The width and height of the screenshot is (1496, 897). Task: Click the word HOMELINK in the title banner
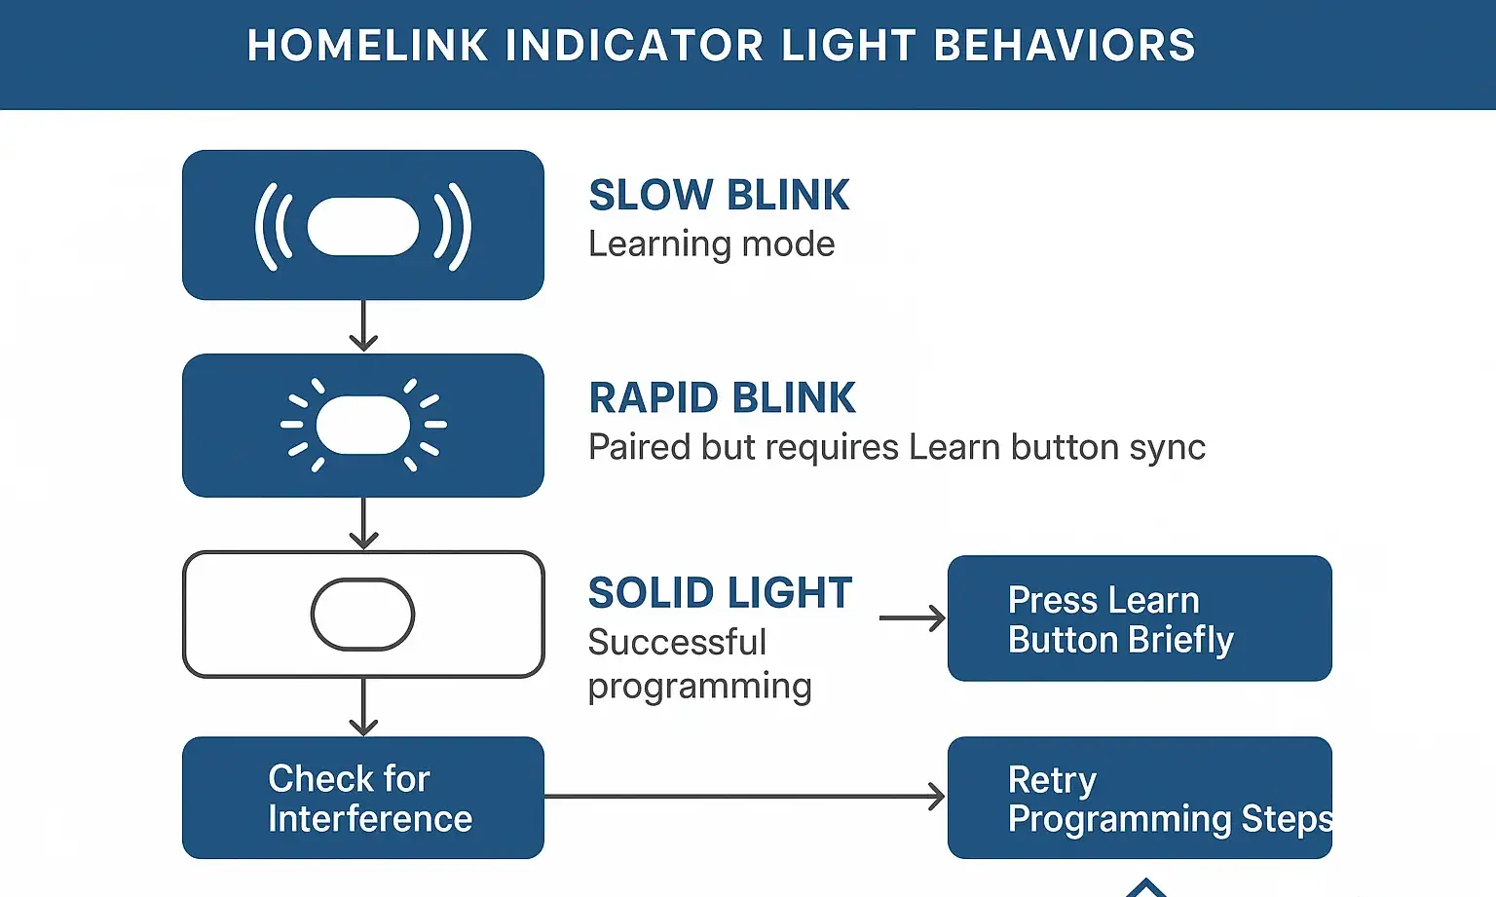pos(367,46)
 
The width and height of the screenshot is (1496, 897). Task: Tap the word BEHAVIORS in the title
pos(1065,46)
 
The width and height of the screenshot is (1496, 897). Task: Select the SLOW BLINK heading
pos(719,195)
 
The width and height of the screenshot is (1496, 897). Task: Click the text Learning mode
pos(711,243)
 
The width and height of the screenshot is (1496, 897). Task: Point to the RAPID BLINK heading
pos(722,397)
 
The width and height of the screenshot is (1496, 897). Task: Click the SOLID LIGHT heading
pos(720,593)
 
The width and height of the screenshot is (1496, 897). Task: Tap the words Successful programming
pos(699,664)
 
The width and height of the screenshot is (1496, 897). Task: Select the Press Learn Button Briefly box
pos(1139,618)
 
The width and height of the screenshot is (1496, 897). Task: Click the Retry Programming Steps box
pos(1139,798)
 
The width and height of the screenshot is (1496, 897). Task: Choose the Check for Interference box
pos(362,798)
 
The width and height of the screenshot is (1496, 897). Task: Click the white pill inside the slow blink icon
pos(363,226)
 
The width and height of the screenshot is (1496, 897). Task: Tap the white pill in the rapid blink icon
pos(363,425)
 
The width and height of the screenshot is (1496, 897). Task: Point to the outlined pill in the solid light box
pos(363,615)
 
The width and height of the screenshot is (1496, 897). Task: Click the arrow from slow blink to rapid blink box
pos(363,326)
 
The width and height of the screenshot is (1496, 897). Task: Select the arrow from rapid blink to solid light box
pos(363,524)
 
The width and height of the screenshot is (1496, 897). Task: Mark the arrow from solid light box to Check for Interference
pos(363,707)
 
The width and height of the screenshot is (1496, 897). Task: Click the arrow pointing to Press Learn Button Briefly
pos(912,618)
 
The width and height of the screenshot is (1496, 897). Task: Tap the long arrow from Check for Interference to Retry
pos(744,797)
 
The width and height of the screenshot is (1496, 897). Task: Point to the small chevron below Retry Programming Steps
pos(1146,887)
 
